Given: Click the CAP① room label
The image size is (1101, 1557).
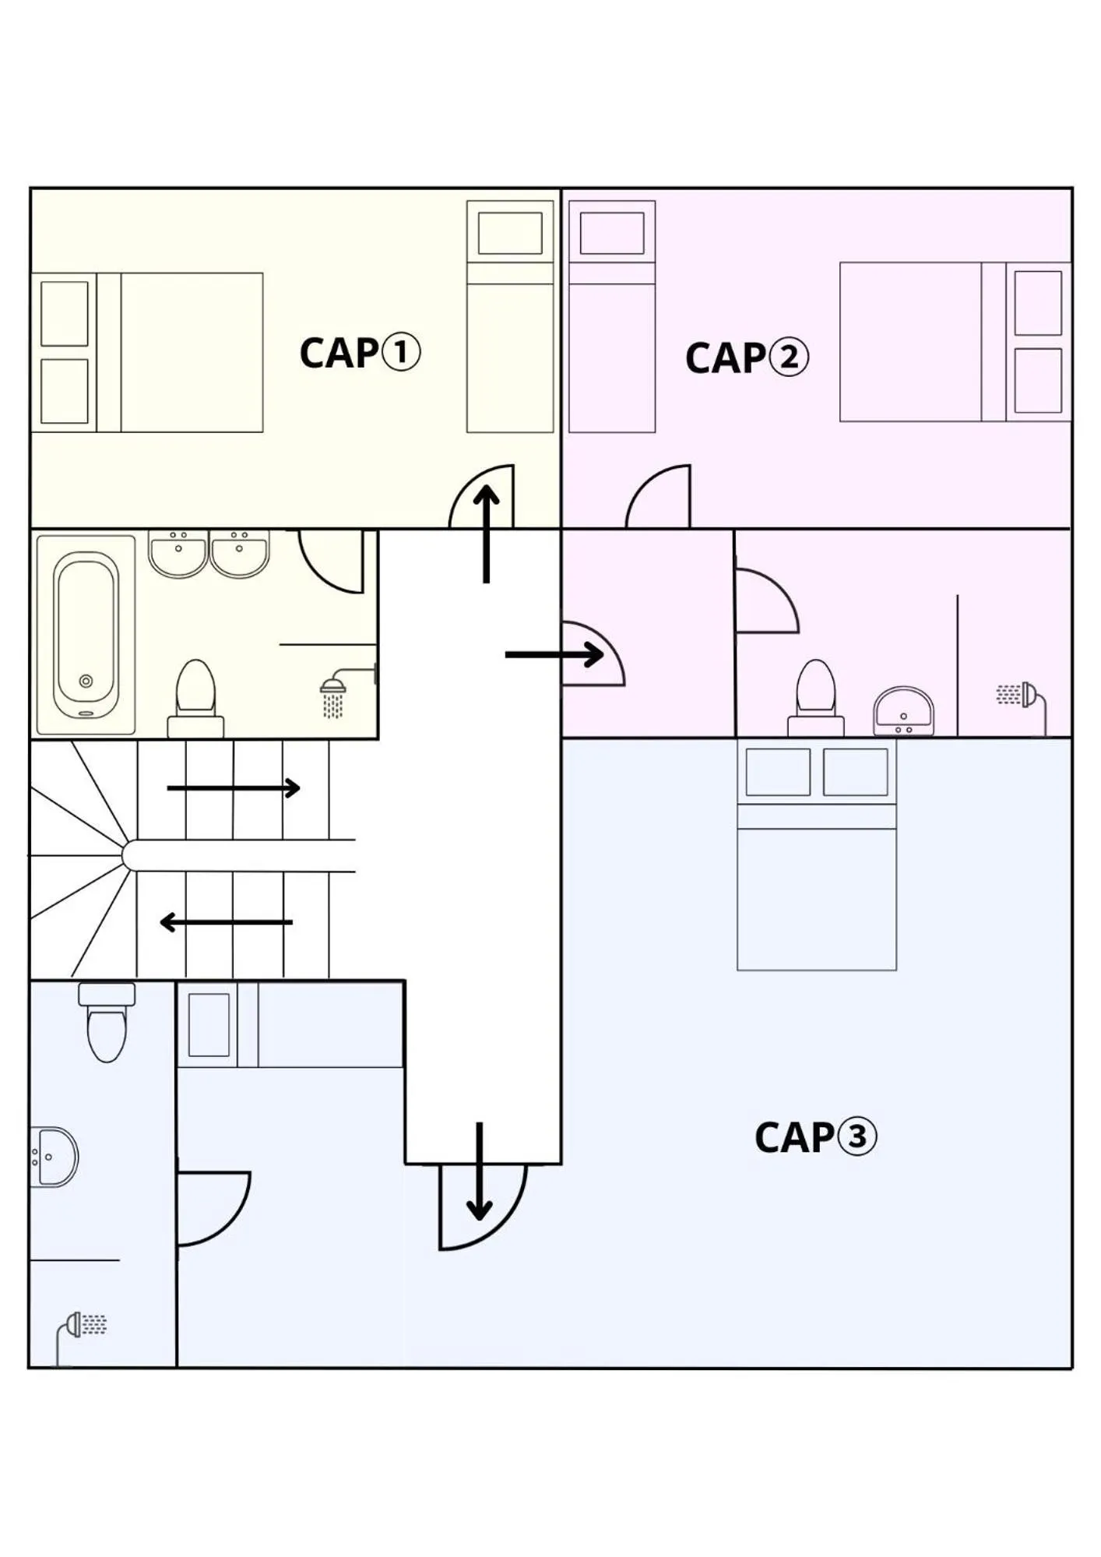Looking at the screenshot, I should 360,353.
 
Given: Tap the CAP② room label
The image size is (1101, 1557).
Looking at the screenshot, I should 746,358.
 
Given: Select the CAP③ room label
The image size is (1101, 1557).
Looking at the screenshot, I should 814,1137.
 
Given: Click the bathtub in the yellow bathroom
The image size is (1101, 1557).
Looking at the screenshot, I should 86,635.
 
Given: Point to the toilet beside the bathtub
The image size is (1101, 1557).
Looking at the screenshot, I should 195,698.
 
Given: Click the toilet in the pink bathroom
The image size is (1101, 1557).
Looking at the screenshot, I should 815,696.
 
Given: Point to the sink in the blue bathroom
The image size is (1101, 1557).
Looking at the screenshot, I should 55,1157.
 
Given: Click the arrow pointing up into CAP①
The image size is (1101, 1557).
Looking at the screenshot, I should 487,534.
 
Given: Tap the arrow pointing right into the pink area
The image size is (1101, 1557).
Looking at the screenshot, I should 554,654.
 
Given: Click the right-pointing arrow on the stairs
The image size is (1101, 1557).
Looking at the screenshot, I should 234,788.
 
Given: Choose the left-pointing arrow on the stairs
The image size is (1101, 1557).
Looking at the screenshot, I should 226,923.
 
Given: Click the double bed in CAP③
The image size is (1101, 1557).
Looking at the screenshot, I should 816,872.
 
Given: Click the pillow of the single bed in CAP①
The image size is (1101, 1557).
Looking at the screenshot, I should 510,233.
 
